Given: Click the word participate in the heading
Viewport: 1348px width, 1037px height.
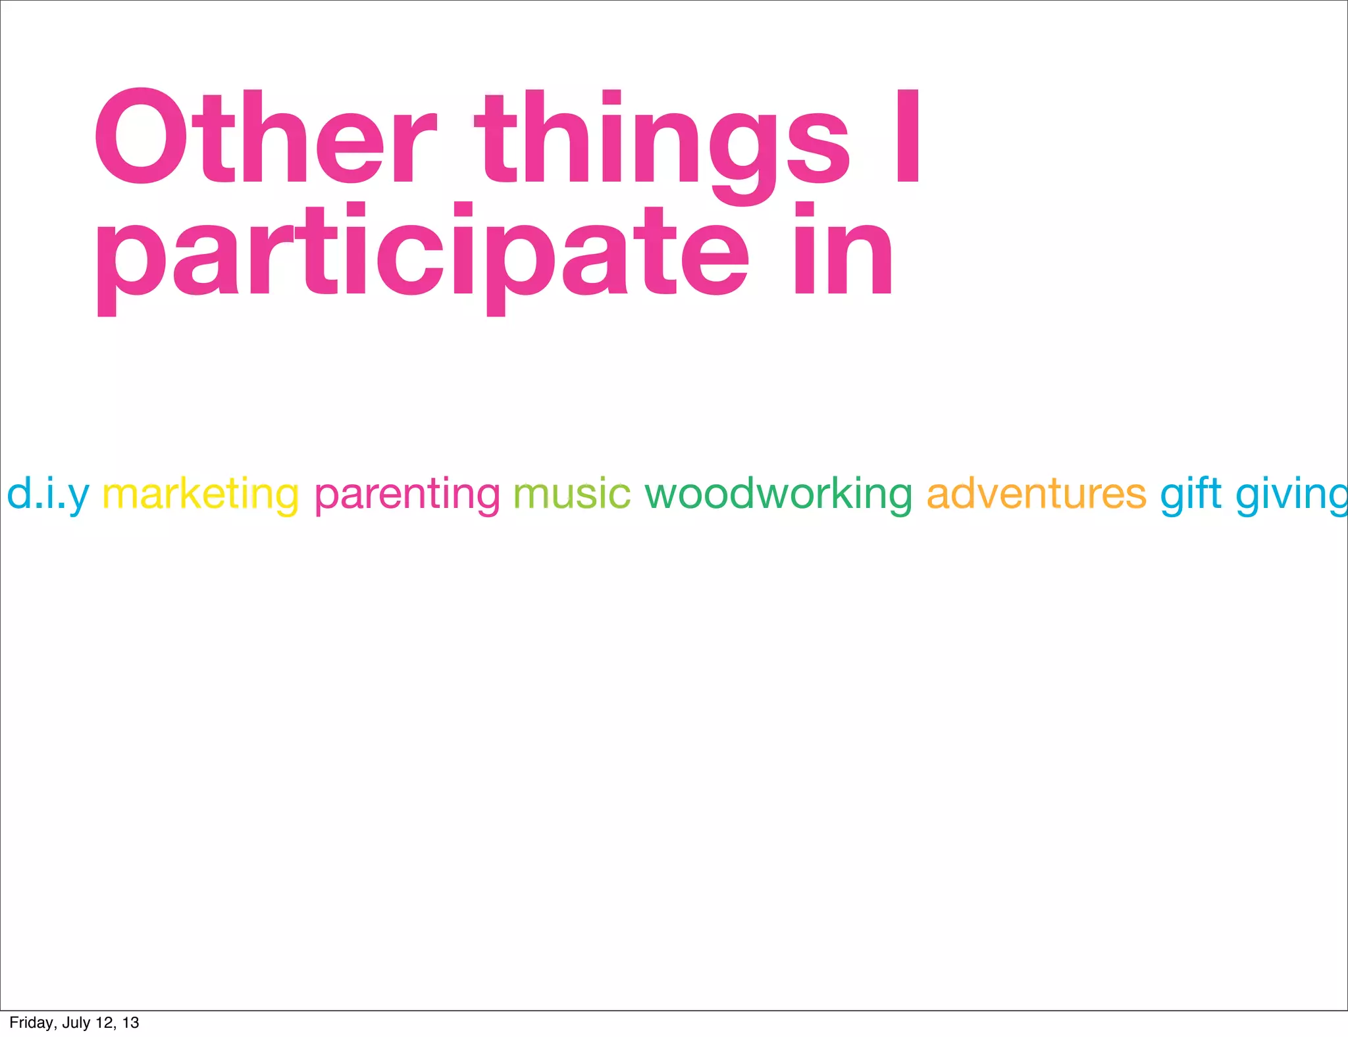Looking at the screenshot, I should pos(422,257).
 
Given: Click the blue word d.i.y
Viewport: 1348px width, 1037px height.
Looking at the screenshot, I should pos(47,494).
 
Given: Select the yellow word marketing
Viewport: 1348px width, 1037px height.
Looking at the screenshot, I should pos(201,494).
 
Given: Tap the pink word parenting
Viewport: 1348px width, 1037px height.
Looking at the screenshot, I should pos(407,494).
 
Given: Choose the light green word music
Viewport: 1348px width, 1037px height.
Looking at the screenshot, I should pos(571,494).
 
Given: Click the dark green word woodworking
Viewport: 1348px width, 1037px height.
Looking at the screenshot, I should pos(778,494).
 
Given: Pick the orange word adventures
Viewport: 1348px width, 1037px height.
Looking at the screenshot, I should pos(1036,494).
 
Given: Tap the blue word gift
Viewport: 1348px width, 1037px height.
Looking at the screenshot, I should pos(1190,494).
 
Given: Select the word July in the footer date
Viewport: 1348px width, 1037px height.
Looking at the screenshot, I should pos(76,1023).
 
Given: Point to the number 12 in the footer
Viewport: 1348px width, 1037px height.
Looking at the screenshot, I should pos(105,1023).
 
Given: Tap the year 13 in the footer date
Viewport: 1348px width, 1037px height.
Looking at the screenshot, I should pos(130,1023).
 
